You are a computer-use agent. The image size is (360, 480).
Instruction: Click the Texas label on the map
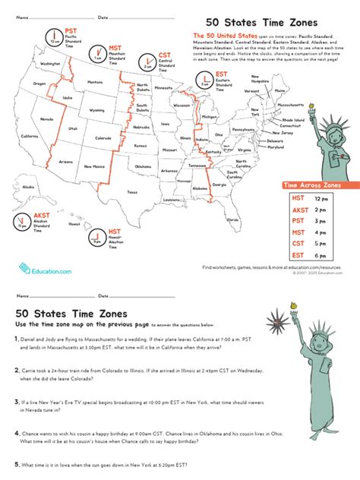pos(133,192)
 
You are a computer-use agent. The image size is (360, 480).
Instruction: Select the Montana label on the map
pos(95,82)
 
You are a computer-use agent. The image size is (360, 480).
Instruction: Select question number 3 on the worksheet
pos(17,399)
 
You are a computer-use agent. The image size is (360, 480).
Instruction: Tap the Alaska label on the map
pos(29,186)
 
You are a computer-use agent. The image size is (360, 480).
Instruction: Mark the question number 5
pos(17,464)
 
